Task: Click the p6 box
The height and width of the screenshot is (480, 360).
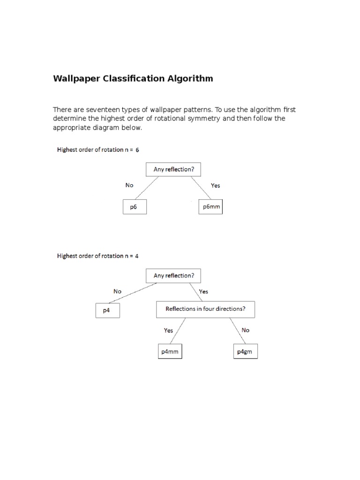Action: (x=135, y=207)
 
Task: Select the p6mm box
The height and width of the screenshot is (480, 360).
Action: (x=211, y=207)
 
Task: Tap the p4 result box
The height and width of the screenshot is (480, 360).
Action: (x=107, y=310)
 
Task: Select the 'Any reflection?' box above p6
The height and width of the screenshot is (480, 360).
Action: (x=173, y=170)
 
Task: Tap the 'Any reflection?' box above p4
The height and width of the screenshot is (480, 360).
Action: (x=173, y=276)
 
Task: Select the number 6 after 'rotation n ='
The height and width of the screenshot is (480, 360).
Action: (x=137, y=150)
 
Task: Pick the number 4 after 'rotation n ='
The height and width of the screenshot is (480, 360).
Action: (x=136, y=256)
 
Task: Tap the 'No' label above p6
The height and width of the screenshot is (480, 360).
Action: (x=129, y=185)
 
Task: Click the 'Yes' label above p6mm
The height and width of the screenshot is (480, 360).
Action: (x=215, y=185)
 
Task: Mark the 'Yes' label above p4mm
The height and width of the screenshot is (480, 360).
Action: (x=168, y=330)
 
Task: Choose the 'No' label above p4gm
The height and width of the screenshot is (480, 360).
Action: (x=246, y=330)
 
